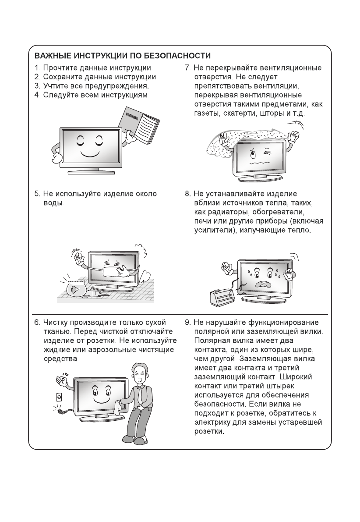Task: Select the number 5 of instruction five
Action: tap(37, 194)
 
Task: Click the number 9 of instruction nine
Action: tap(187, 323)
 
